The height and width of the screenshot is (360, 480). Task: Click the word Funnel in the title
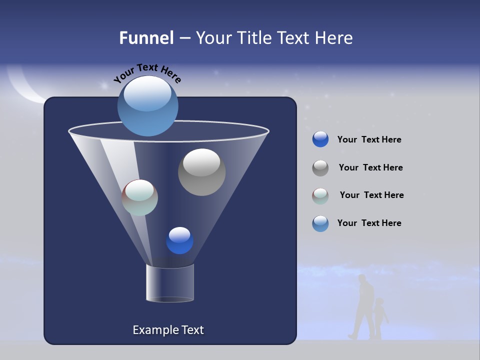[x=146, y=38]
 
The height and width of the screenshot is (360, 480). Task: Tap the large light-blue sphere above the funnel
[x=147, y=106]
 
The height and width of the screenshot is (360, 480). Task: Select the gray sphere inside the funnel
[x=201, y=172]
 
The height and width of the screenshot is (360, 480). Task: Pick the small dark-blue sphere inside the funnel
[x=179, y=240]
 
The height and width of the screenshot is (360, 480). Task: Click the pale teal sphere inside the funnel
[x=140, y=197]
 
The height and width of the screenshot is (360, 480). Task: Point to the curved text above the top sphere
[x=147, y=72]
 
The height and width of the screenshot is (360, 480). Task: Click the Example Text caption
[x=168, y=330]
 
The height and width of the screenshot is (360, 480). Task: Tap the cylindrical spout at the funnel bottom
[x=170, y=283]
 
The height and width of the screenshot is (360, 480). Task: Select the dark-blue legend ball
[x=320, y=139]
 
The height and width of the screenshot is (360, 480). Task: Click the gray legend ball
[x=320, y=167]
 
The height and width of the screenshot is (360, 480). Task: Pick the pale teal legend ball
[x=320, y=195]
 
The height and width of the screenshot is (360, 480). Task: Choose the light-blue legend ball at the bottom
[x=320, y=223]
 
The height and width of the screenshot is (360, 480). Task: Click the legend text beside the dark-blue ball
[x=369, y=140]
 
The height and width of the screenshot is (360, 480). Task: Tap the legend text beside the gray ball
[x=370, y=168]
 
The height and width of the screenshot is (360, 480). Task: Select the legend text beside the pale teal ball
[x=371, y=195]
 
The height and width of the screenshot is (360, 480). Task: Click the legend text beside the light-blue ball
[x=369, y=223]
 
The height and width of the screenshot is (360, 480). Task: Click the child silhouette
[x=380, y=318]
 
